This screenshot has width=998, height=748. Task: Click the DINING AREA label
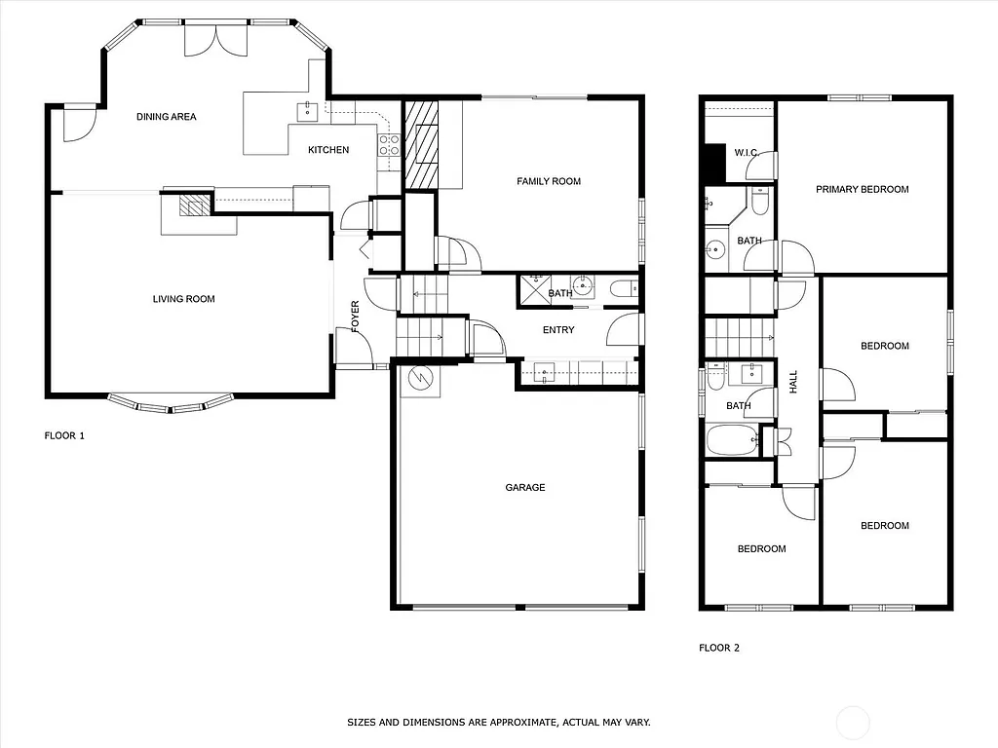[166, 117]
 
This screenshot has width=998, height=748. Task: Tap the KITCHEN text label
[328, 150]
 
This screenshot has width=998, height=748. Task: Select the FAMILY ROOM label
[549, 181]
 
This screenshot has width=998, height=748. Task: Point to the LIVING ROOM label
[183, 299]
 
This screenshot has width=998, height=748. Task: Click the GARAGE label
[524, 488]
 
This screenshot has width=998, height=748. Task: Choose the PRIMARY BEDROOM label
[862, 190]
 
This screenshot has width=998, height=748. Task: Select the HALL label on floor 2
[793, 380]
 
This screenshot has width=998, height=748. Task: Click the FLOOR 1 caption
[64, 436]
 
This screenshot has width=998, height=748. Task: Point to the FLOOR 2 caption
[719, 648]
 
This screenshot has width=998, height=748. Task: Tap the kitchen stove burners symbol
[389, 145]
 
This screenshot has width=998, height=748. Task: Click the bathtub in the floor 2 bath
[731, 441]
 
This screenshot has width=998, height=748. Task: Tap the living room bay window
[171, 402]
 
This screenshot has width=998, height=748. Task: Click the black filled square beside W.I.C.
[715, 163]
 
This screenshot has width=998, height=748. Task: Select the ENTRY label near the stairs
[558, 330]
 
